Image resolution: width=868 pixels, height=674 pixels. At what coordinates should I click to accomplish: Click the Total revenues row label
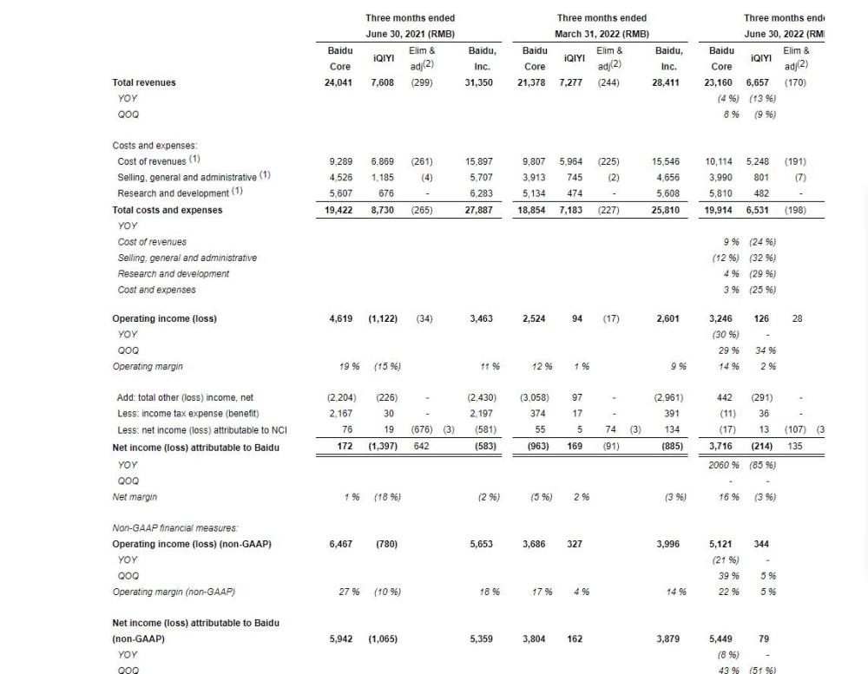[x=144, y=82]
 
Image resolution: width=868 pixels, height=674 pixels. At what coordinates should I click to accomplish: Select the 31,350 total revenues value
[x=480, y=82]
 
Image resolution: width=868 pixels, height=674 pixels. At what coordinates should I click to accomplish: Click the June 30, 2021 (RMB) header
[x=410, y=34]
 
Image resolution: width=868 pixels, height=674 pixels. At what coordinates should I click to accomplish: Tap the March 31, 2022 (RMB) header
[x=602, y=34]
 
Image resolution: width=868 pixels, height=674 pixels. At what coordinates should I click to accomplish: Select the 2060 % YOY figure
[x=726, y=464]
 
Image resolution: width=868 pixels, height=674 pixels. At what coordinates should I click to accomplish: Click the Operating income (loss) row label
[x=164, y=318]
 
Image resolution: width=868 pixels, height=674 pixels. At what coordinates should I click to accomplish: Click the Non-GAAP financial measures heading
[x=174, y=527]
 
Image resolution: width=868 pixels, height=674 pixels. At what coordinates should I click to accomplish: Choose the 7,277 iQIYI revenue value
[x=572, y=82]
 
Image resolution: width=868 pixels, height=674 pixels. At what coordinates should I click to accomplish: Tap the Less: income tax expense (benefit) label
[x=188, y=413]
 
